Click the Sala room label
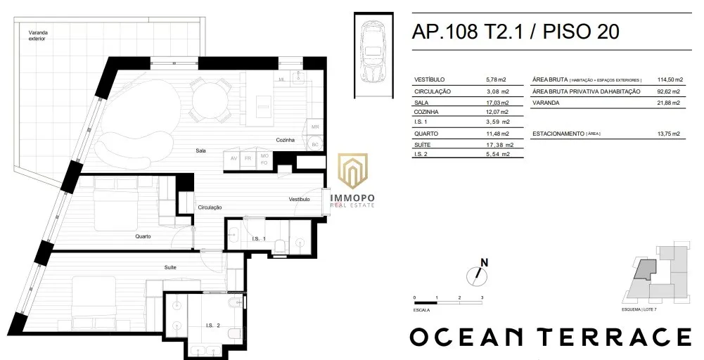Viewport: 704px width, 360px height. pos(200,151)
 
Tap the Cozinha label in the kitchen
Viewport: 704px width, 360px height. pos(285,140)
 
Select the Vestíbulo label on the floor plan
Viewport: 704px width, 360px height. pos(299,199)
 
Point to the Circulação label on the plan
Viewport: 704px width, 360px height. pos(210,207)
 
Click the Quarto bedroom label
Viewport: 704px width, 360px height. pos(143,236)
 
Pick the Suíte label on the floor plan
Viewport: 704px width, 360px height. pos(170,267)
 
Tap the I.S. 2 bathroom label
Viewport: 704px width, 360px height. pos(212,326)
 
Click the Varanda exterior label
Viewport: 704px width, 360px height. pos(38,35)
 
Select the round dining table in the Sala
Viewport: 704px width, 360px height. pos(205,98)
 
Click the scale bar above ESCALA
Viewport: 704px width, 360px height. pos(448,303)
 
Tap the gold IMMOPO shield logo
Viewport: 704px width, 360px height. pos(353,171)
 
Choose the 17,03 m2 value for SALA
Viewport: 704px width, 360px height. pos(497,103)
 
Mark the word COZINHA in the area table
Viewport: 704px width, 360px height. pos(426,112)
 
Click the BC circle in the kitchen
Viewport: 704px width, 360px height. pos(315,144)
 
